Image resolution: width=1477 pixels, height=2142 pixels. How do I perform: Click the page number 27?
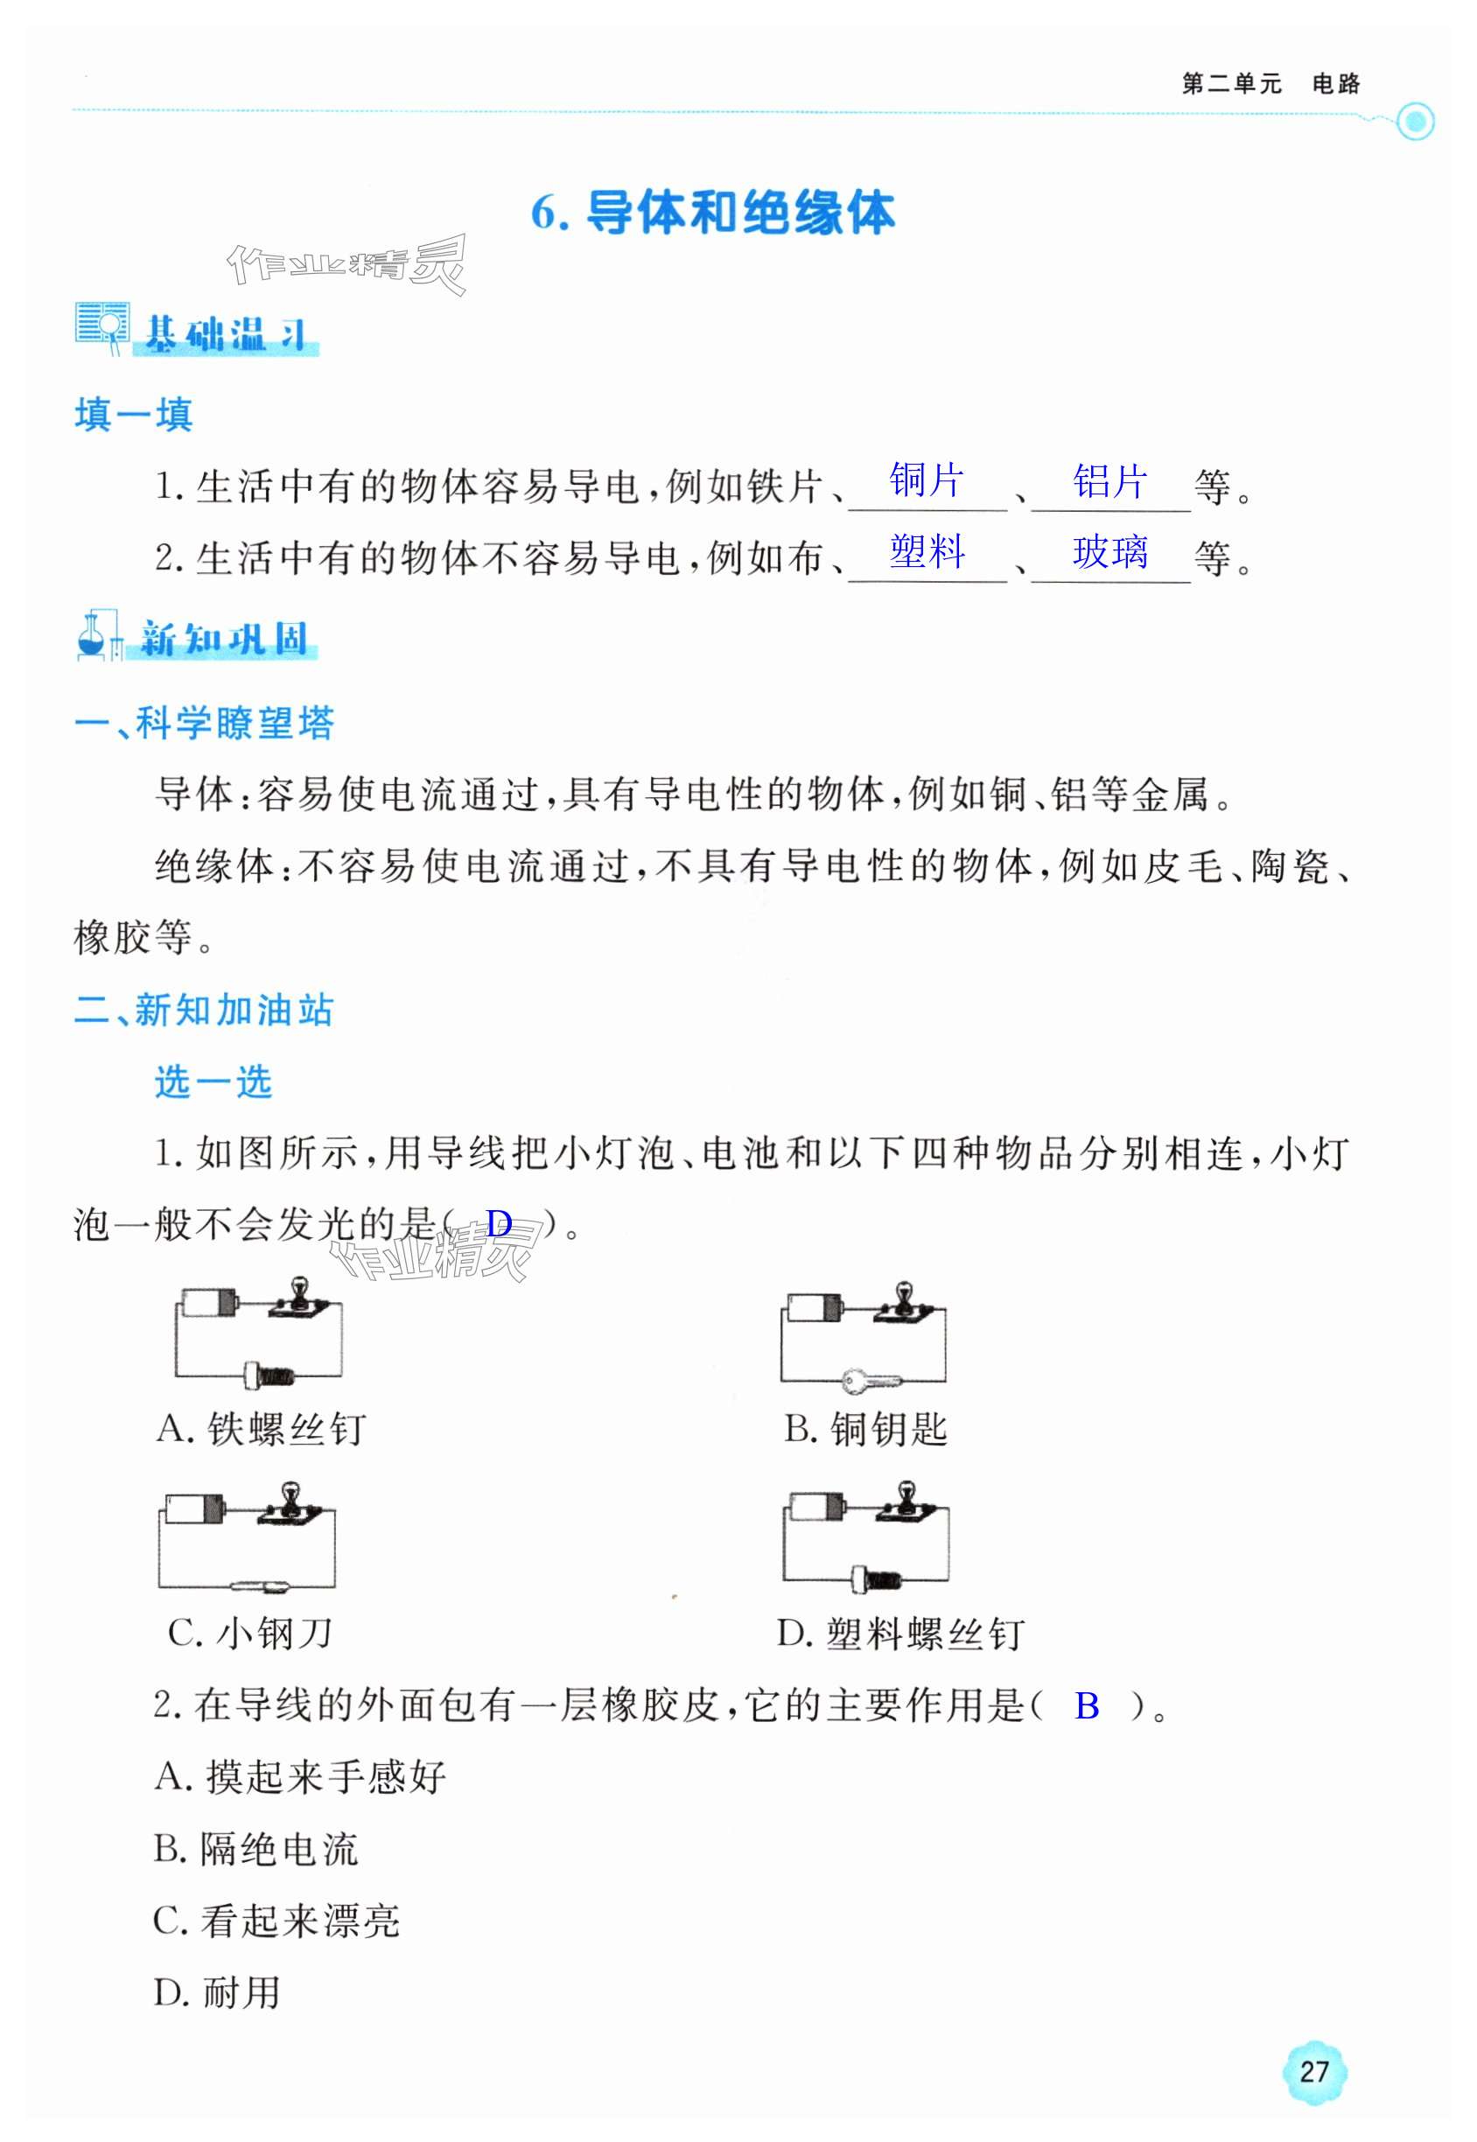(1314, 2071)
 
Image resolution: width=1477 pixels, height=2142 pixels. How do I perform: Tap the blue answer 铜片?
(926, 481)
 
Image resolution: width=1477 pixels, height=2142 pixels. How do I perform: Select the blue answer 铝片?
(1109, 481)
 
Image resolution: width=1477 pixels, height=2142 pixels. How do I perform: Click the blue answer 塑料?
(927, 552)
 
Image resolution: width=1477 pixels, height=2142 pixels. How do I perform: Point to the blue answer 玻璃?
(1109, 552)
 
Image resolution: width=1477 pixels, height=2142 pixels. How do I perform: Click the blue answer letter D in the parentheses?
(499, 1224)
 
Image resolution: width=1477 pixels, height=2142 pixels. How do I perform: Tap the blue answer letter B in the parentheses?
(1087, 1705)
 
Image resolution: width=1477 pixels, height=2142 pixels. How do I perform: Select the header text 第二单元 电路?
(1270, 84)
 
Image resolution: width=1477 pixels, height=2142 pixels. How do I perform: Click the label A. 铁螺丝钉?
(262, 1429)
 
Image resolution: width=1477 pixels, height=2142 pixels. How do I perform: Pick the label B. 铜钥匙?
(865, 1429)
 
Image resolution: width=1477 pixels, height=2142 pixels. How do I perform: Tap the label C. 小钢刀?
(250, 1633)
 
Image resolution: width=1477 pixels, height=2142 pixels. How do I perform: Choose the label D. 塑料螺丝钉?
(900, 1634)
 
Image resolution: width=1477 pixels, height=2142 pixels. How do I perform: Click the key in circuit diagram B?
(871, 1382)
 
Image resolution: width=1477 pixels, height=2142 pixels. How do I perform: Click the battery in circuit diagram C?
(194, 1508)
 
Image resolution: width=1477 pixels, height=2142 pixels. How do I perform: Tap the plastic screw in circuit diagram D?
(876, 1578)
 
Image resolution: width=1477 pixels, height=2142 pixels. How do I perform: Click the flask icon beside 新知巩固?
(93, 638)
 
